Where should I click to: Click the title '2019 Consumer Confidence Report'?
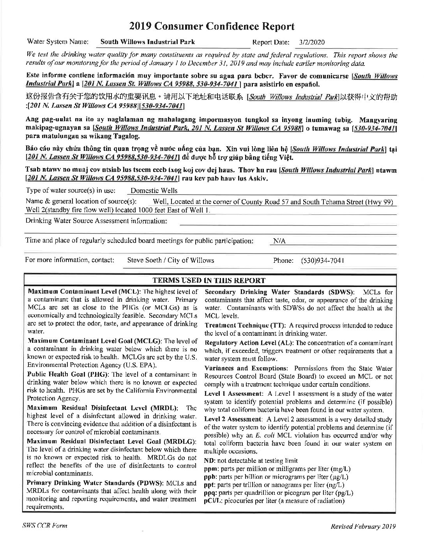[x=212, y=27]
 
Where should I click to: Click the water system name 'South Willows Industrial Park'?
[x=147, y=42]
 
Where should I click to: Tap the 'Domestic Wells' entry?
[x=154, y=191]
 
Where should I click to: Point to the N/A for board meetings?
[x=279, y=241]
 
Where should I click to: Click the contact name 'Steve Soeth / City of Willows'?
[x=171, y=260]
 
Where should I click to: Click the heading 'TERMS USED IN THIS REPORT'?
[x=209, y=280]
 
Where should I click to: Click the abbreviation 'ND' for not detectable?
[x=208, y=460]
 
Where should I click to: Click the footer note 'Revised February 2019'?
[x=363, y=526]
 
